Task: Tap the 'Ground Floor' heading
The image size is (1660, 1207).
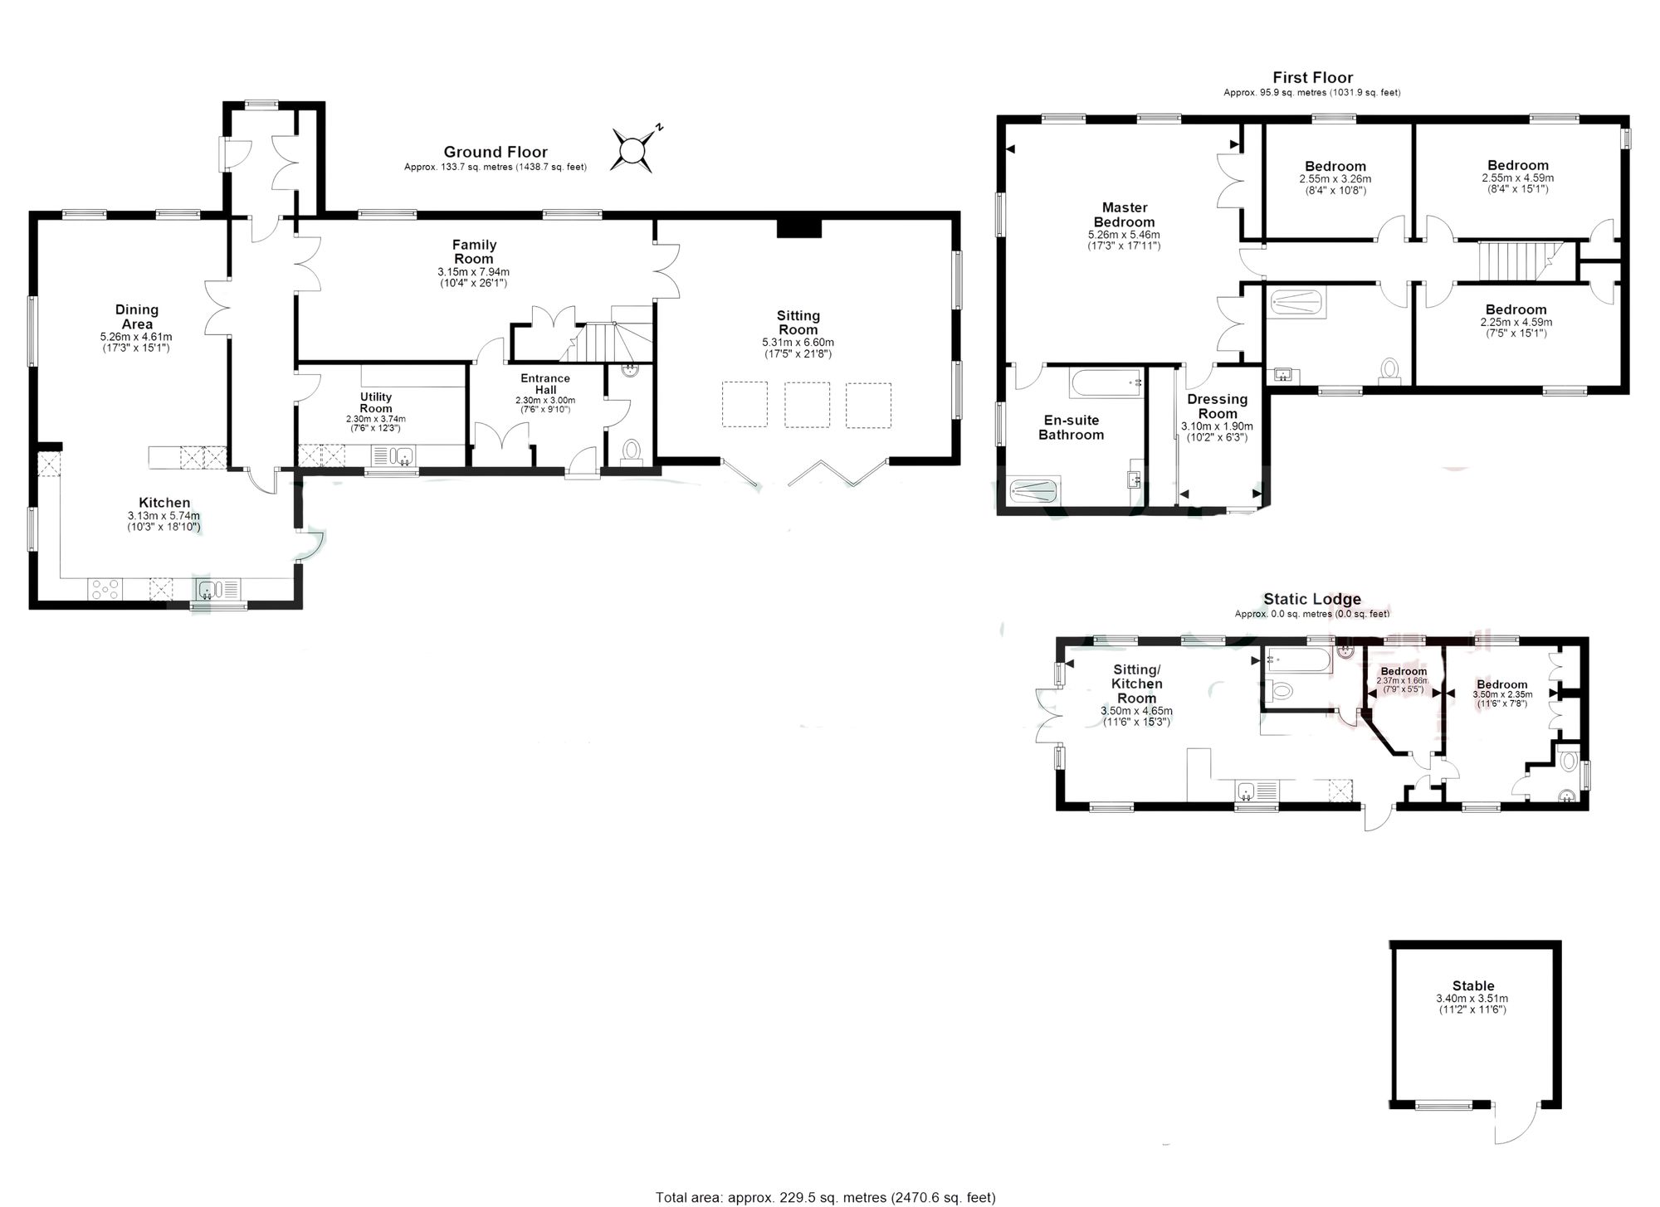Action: (496, 152)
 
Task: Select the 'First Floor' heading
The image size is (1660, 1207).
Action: (1312, 78)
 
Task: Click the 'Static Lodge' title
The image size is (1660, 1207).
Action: (1312, 599)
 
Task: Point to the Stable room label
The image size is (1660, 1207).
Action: (1473, 986)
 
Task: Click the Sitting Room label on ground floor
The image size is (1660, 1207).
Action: (798, 323)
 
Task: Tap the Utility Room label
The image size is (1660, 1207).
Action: (376, 402)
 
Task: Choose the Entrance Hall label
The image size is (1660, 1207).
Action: (545, 384)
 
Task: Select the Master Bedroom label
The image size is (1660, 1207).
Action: (1124, 215)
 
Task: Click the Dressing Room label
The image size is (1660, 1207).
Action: (1218, 406)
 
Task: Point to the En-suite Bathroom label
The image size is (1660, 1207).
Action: (1071, 427)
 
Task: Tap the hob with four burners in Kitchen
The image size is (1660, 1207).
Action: (105, 589)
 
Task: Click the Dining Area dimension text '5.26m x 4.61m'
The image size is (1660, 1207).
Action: (136, 337)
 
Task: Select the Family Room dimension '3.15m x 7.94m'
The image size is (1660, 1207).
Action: (473, 271)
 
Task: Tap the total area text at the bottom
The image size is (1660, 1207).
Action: (825, 1197)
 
